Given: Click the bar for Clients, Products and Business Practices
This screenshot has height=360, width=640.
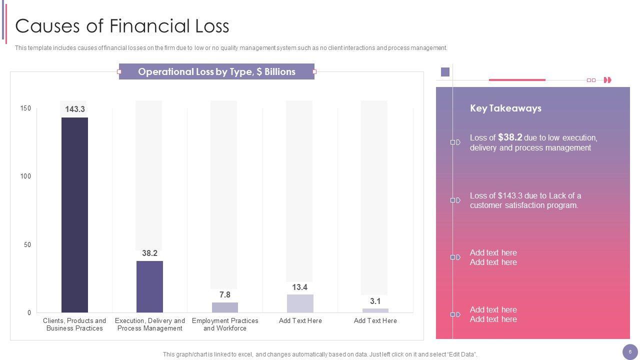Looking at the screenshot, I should coord(74,215).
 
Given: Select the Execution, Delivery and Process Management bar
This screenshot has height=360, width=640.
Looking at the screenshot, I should coord(149,286).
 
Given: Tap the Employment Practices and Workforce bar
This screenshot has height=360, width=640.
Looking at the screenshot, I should coord(225,307).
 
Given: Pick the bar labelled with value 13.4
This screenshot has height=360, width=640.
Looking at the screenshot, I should coord(300,303).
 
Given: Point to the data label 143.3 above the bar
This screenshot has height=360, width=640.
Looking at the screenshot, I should coord(75,109).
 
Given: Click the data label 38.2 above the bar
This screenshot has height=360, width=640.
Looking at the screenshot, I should coord(149,253).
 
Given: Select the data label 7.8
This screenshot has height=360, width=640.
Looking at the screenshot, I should coord(225,294).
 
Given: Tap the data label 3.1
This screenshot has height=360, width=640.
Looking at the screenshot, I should coord(375,301).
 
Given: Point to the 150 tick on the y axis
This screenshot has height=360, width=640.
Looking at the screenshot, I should coord(25,108).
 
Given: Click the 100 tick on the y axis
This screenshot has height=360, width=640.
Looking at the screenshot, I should coord(25,176).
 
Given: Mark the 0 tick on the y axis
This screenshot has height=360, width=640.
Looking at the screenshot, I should coord(29,312).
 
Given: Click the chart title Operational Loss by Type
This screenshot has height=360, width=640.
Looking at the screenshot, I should coord(216,71).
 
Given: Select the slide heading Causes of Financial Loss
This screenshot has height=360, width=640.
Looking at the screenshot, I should coord(122,26).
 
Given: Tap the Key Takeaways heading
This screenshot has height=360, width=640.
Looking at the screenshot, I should coord(505,108).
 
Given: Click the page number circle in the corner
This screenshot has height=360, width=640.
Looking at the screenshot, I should coord(630,352).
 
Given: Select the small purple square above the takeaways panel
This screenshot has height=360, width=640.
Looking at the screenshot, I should coord(445,72).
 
